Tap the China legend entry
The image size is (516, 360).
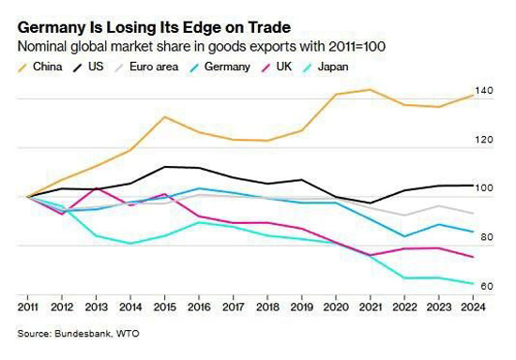point(40,67)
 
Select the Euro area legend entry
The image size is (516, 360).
point(146,67)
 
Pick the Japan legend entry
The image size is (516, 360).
point(326,67)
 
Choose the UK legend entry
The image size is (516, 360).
point(277,67)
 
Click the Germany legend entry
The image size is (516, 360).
point(220,67)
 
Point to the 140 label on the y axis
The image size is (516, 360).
point(484,90)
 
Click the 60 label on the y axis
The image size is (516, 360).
point(487,286)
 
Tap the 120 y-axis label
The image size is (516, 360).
point(484,140)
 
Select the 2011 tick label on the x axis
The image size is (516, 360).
point(27,307)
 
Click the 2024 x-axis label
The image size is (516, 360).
point(473,307)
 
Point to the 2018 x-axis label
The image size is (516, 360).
point(267,307)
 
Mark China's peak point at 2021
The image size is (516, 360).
point(371,89)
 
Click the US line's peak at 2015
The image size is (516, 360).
point(165,167)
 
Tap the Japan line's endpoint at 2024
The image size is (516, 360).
point(473,283)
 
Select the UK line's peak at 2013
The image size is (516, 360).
point(96,188)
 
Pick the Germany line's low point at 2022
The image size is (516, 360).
point(404,236)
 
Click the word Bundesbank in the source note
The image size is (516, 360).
point(82,334)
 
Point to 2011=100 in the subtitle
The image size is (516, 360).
point(357,46)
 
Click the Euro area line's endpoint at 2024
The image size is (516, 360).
point(473,213)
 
